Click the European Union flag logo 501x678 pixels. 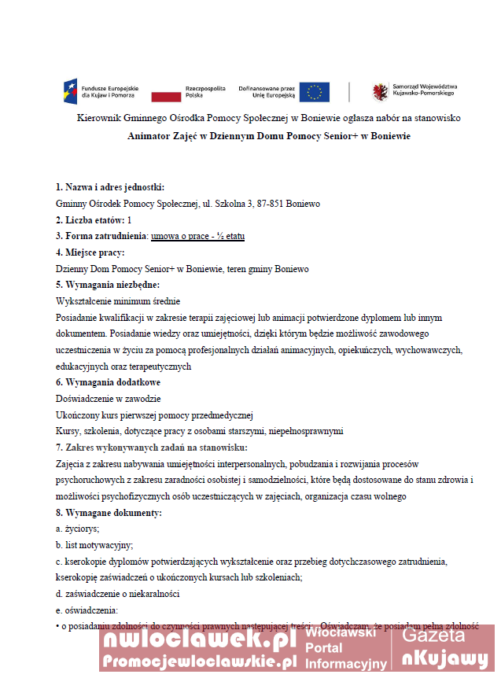[x=315, y=92]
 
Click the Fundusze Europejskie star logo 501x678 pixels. [x=70, y=91]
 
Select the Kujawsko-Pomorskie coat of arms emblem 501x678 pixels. [x=380, y=92]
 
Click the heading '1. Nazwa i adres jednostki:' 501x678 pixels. [x=109, y=187]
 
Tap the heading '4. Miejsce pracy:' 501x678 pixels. [x=90, y=252]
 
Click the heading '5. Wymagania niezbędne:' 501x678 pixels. [x=107, y=285]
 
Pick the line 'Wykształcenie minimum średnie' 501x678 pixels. [x=118, y=301]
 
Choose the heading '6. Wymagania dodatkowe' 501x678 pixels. [x=108, y=382]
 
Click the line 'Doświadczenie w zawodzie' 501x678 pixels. [x=108, y=399]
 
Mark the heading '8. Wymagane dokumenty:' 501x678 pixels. [x=109, y=513]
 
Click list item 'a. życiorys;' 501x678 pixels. [x=77, y=529]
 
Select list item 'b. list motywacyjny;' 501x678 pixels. [x=94, y=545]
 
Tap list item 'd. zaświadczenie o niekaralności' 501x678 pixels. [x=118, y=594]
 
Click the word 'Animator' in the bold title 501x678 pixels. [x=150, y=136]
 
